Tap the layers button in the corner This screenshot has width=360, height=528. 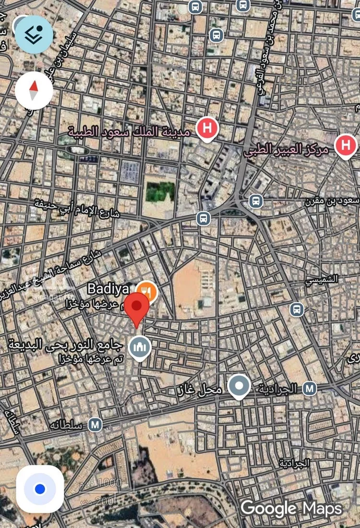click(x=34, y=34)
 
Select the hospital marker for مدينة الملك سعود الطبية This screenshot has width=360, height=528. click(x=207, y=129)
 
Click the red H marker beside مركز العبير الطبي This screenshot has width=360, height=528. click(x=345, y=145)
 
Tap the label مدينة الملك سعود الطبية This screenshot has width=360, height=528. click(x=129, y=131)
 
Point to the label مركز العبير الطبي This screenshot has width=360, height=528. click(x=287, y=150)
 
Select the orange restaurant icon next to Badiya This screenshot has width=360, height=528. click(x=146, y=291)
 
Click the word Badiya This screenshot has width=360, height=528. click(x=108, y=289)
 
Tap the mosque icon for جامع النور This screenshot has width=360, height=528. click(x=140, y=347)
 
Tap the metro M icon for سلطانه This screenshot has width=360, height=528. click(x=96, y=424)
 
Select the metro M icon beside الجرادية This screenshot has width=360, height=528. click(x=310, y=387)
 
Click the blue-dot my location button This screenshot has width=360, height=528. click(x=40, y=489)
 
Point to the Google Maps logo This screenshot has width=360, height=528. click(x=291, y=508)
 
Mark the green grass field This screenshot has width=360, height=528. click(x=160, y=192)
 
